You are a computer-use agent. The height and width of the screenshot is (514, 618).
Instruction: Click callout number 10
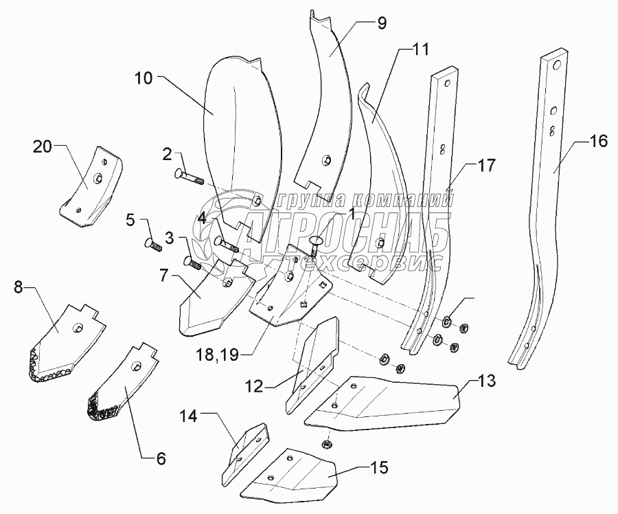point(144,78)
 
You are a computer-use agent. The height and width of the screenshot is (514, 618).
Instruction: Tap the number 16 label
point(599,141)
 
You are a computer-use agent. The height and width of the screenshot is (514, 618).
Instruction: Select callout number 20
point(43,147)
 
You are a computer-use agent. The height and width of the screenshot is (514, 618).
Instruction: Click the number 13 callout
point(487,381)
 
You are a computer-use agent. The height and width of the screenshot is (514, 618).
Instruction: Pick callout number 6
point(161,458)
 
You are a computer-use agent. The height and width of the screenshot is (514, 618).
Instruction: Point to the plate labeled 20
point(92,186)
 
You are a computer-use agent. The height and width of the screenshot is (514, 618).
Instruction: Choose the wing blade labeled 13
point(380,403)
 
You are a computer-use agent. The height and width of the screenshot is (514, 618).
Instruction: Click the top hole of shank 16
point(557,65)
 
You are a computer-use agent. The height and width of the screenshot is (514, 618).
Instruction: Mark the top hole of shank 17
point(447,84)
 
